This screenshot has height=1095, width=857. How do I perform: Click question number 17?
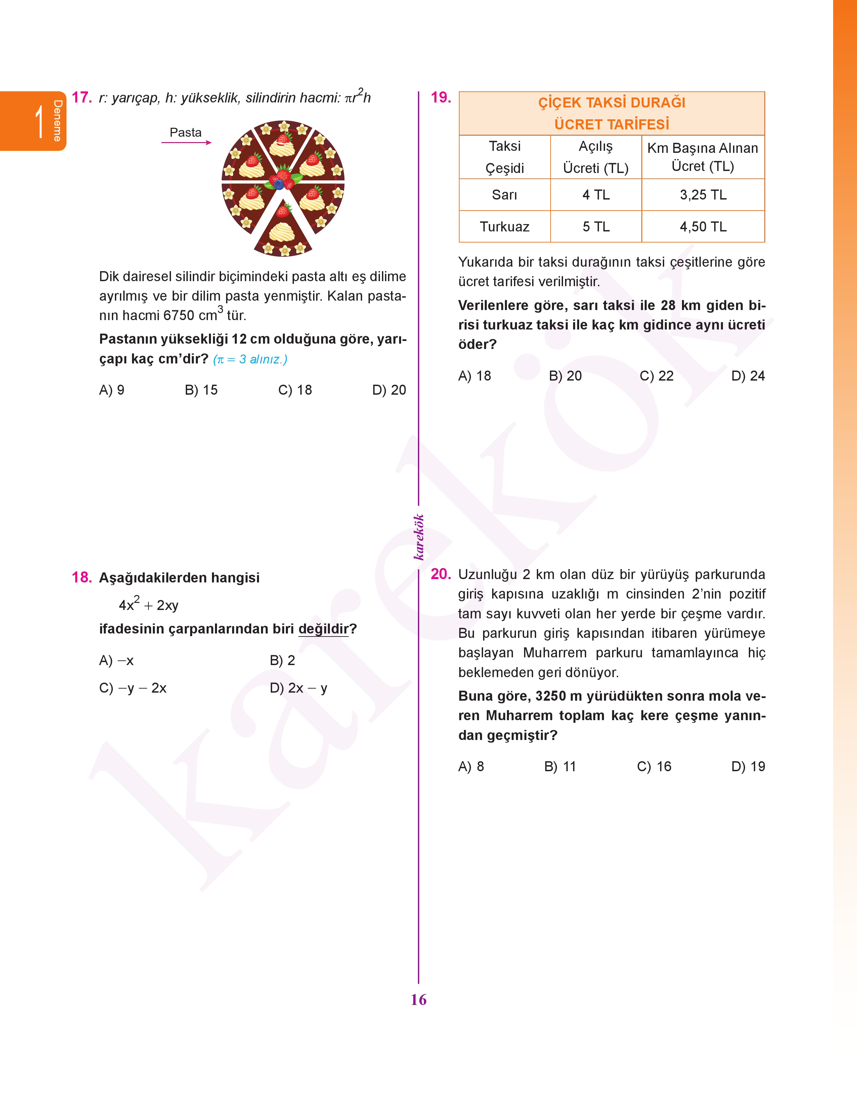click(82, 97)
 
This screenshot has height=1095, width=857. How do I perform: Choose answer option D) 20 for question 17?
click(389, 390)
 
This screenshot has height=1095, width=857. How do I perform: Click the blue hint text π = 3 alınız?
click(250, 360)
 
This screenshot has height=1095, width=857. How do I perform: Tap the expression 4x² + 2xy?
click(148, 605)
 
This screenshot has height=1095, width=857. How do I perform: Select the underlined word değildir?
click(323, 629)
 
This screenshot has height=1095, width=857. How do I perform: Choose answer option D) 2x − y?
click(299, 688)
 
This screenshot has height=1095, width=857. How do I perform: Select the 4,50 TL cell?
click(703, 227)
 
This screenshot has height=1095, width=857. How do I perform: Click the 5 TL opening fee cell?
click(596, 227)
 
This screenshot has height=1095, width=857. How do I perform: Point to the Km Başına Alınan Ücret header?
click(702, 157)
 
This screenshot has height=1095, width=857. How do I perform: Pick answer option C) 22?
click(656, 376)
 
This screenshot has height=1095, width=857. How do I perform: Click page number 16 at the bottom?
click(419, 1000)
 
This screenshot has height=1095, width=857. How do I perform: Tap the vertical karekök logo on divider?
click(419, 537)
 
